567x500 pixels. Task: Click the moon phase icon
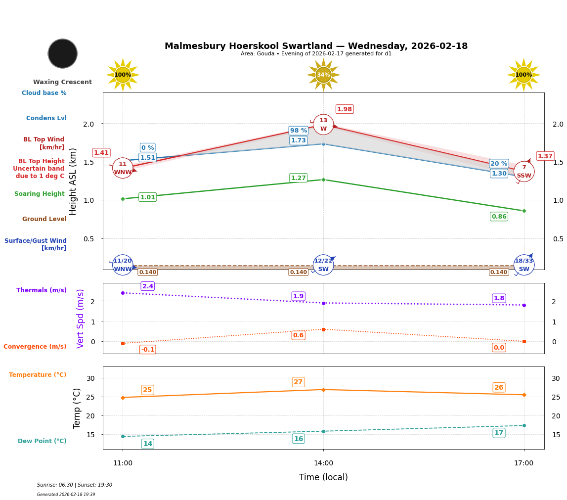63,53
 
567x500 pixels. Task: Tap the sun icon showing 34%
323,75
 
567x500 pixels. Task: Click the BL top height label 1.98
345,109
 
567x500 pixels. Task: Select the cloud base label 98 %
299,131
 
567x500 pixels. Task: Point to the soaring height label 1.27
299,178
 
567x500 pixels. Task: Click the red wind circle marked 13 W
323,125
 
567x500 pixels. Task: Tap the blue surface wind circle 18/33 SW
524,265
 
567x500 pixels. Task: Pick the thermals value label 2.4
148,286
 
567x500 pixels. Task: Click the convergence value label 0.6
299,335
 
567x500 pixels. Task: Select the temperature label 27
298,382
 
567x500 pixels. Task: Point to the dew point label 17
499,433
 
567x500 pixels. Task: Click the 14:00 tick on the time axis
323,463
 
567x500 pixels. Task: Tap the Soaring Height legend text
40,194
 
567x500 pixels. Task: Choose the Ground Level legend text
44,219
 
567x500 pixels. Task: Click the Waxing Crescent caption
62,82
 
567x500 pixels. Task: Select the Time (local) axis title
323,477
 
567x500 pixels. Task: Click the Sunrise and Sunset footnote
75,485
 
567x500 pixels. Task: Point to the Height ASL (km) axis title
73,182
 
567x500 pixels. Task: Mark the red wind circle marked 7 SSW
524,172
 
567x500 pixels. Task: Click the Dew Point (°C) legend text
42,441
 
